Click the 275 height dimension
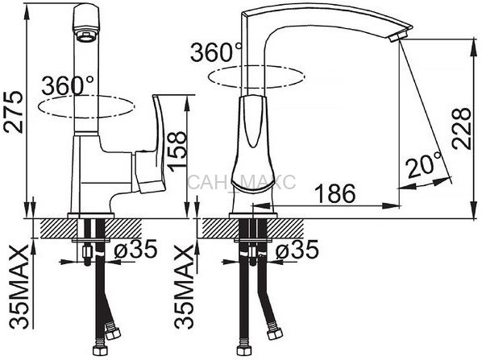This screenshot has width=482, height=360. (x=14, y=112)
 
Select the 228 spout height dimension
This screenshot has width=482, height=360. (x=461, y=128)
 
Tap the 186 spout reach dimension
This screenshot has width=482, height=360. (x=335, y=194)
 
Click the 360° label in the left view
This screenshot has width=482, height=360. (x=68, y=85)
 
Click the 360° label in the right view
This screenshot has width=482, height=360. (x=216, y=52)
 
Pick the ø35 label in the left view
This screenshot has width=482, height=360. (x=135, y=249)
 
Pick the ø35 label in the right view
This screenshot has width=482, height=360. (x=297, y=249)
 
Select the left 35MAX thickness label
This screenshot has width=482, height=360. (x=19, y=287)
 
